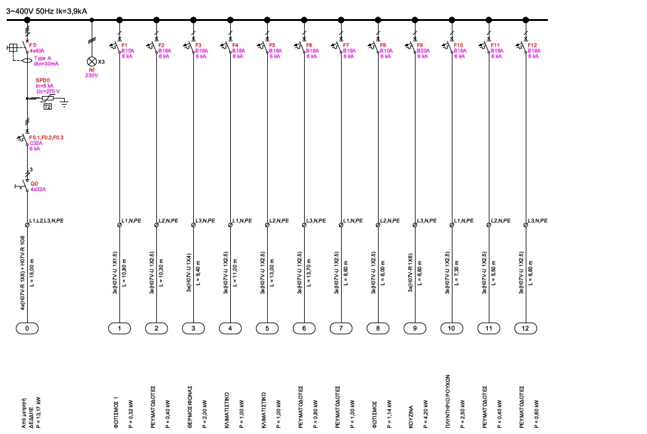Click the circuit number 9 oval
pyautogui.click(x=415, y=329)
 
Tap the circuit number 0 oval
pyautogui.click(x=27, y=329)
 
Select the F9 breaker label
pyautogui.click(x=420, y=46)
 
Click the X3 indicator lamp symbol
pyautogui.click(x=92, y=62)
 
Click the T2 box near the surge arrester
pyautogui.click(x=47, y=106)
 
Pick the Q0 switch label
pyautogui.click(x=34, y=183)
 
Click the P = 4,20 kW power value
pyautogui.click(x=420, y=412)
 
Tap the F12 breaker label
pyautogui.click(x=532, y=46)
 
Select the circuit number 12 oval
pyautogui.click(x=526, y=329)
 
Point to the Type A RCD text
pyautogui.click(x=42, y=57)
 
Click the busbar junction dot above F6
pyautogui.click(x=304, y=20)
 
